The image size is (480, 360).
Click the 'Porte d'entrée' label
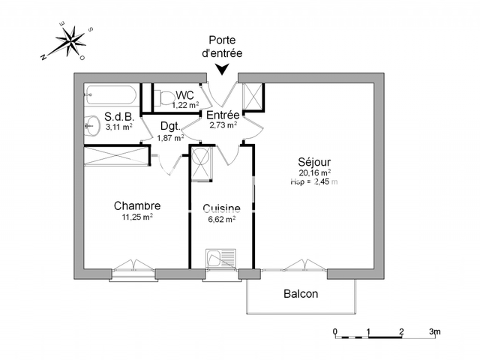point(223,46)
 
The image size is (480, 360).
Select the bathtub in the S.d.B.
point(110,95)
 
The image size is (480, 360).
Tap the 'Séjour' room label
point(314,161)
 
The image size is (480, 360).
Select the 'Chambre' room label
point(137,205)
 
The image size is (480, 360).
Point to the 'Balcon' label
point(300,294)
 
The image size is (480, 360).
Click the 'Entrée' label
point(223,115)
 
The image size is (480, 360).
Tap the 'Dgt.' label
point(169,126)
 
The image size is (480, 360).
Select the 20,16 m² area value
point(315,172)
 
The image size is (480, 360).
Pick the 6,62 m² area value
point(221,220)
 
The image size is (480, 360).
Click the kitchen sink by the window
point(220,259)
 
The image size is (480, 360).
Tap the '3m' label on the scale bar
point(435,331)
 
